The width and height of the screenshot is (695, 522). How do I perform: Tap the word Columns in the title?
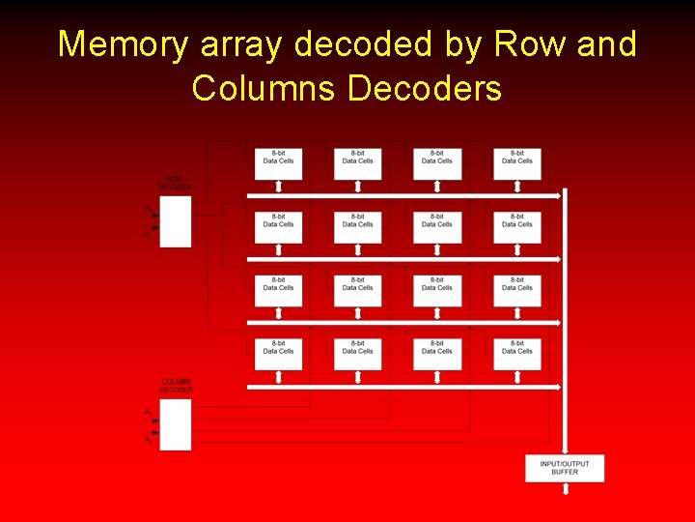[x=264, y=88]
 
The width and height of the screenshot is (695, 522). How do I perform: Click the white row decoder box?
[x=176, y=221]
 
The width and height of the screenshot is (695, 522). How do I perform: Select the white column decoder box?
[x=176, y=424]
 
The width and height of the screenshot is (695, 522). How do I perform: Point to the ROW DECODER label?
[x=175, y=182]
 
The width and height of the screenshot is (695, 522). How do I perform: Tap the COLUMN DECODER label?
[x=176, y=386]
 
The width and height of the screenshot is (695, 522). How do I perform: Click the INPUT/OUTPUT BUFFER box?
[x=565, y=468]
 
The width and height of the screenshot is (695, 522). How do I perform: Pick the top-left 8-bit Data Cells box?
[x=278, y=162]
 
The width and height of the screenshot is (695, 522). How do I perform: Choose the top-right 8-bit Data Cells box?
[x=517, y=162]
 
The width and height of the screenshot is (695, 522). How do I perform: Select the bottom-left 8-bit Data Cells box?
[x=278, y=353]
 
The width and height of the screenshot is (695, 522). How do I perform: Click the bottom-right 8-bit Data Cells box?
[x=517, y=353]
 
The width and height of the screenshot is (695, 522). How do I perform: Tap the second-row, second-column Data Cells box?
[x=358, y=226]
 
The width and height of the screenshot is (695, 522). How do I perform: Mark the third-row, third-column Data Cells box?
[x=437, y=289]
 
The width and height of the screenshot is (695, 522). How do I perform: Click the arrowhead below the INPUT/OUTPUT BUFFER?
[x=566, y=491]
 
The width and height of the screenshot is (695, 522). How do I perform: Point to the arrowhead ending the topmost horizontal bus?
[x=558, y=195]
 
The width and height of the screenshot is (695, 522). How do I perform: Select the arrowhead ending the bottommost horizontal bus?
[x=558, y=387]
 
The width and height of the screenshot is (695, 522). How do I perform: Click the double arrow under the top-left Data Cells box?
[x=278, y=187]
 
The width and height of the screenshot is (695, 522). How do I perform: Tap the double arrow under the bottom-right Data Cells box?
[x=517, y=378]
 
